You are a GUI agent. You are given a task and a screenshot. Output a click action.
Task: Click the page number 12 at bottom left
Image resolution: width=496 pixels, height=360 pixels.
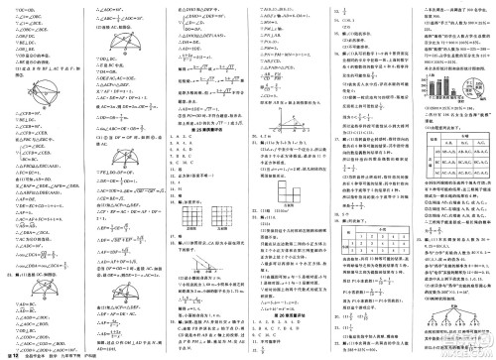(x=15, y=351)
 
